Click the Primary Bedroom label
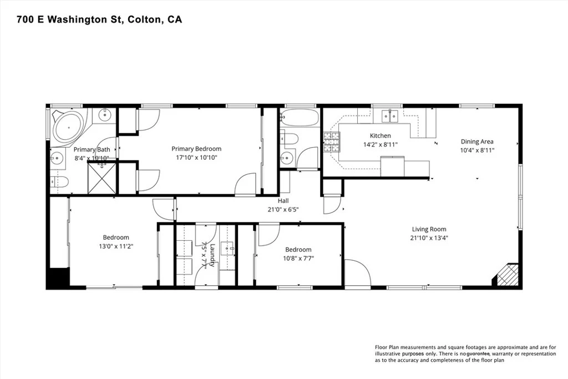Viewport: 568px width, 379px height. point(196,149)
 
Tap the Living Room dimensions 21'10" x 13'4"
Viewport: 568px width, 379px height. point(429,238)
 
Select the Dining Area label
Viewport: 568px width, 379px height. point(477,142)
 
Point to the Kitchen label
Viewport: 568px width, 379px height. point(381,135)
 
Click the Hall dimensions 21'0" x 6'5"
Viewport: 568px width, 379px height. point(283,209)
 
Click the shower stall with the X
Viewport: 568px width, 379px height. point(102,178)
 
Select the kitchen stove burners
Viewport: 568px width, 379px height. point(332,142)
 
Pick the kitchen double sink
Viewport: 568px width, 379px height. point(390,115)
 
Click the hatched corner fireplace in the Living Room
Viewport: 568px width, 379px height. point(508,275)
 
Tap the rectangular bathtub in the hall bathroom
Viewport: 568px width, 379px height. point(300,118)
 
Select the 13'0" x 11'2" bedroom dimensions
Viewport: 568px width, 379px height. point(116,246)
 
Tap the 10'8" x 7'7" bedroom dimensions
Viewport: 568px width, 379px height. point(298,259)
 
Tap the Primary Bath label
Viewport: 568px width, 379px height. point(92,149)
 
